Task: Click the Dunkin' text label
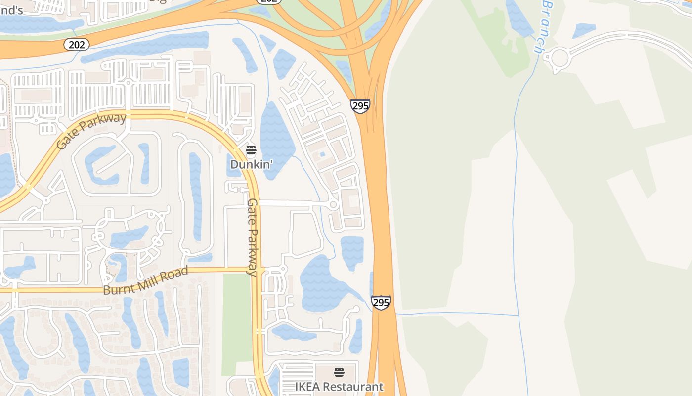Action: click(x=252, y=164)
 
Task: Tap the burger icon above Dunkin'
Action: click(x=251, y=150)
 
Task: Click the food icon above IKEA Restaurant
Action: click(x=339, y=372)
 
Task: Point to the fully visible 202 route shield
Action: click(x=76, y=45)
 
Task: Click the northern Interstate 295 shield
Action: click(x=360, y=105)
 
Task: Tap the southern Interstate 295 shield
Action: click(x=381, y=302)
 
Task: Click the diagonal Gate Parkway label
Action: click(x=91, y=131)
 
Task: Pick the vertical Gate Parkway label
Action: click(x=253, y=237)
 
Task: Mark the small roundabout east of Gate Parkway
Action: click(x=333, y=204)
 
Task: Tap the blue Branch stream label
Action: click(x=543, y=27)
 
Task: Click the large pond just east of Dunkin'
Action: click(x=275, y=139)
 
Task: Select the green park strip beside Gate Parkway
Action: click(x=236, y=322)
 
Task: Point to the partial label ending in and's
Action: click(x=11, y=10)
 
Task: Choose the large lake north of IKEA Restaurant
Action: click(x=321, y=285)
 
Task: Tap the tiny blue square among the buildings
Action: click(x=322, y=154)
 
